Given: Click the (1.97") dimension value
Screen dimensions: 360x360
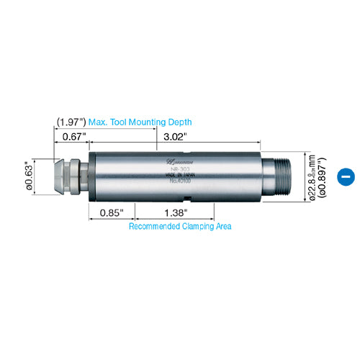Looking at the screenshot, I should [70, 122].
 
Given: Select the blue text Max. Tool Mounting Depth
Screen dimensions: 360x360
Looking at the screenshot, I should [140, 122].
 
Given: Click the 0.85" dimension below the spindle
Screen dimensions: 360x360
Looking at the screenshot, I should [111, 213].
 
